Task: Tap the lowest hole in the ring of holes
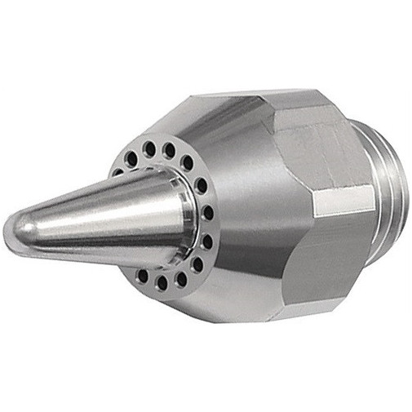162,283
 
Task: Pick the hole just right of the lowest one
180,278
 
